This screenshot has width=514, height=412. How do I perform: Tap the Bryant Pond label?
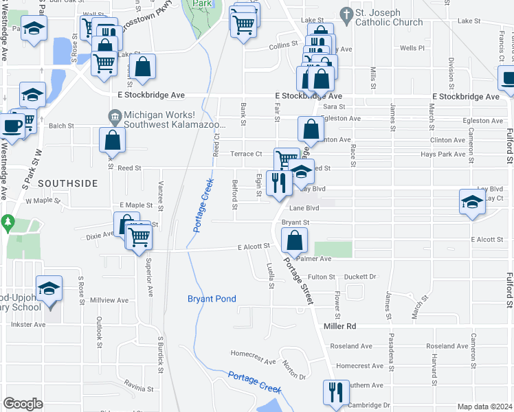[212, 299]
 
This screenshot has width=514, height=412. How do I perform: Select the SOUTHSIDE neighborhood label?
[67, 183]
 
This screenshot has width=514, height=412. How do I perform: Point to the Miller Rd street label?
[342, 326]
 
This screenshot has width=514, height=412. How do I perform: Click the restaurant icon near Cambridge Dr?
[336, 393]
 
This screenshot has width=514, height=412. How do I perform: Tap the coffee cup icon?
[11, 126]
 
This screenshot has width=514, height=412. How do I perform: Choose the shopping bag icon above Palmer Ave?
[293, 240]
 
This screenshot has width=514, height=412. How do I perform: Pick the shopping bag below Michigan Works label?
[112, 140]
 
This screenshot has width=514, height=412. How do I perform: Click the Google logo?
[23, 404]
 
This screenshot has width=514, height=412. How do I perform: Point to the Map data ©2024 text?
[484, 407]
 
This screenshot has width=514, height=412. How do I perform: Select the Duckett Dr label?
[361, 277]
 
